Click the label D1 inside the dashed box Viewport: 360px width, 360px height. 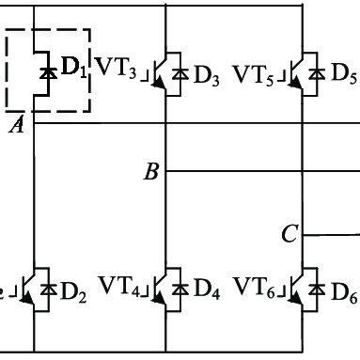tap(72, 69)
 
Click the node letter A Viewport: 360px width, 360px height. tap(16, 126)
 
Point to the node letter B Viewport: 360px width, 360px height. tap(150, 171)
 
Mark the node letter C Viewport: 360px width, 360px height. tap(290, 233)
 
